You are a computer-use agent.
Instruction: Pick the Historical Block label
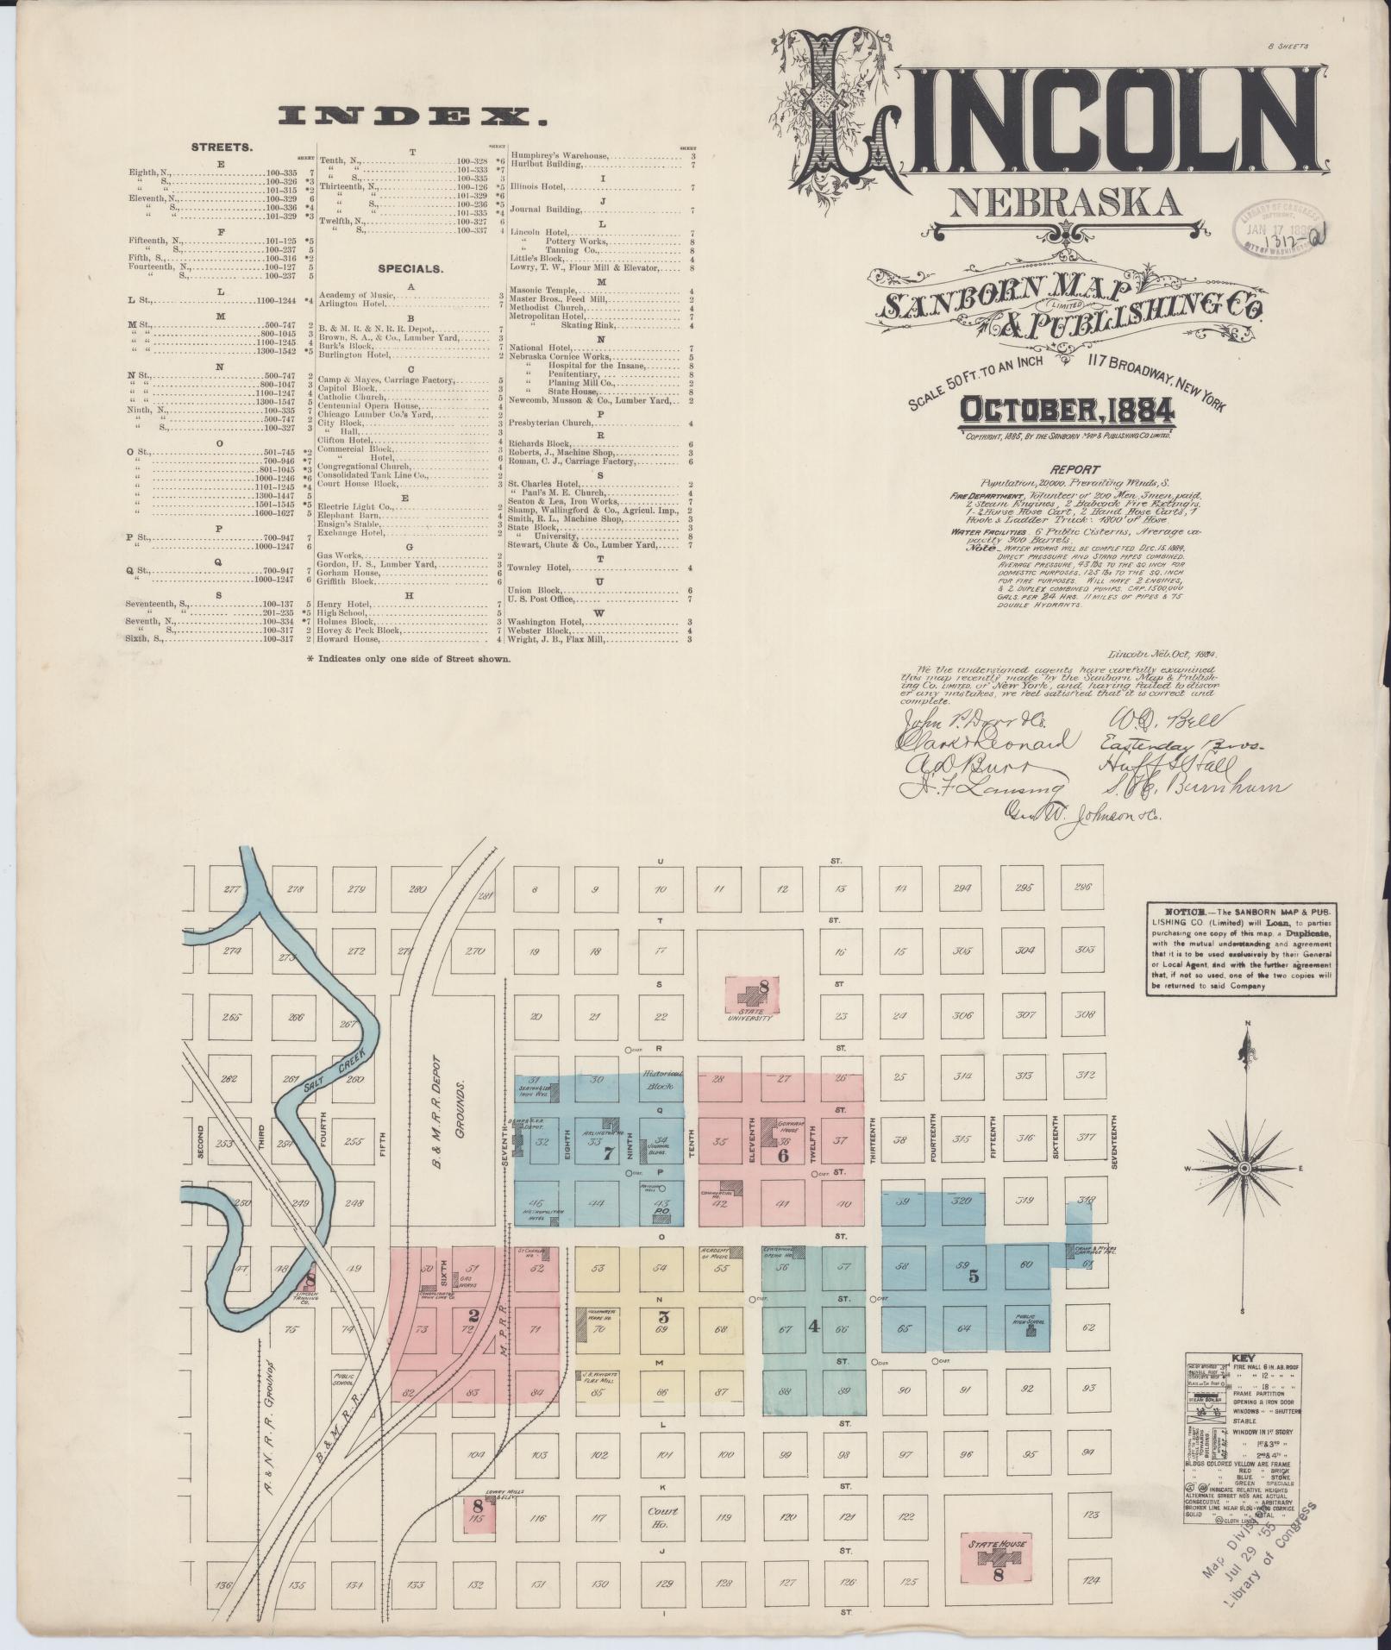[661, 1079]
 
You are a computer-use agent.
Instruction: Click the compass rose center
[1244, 1168]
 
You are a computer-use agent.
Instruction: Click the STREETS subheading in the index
[222, 147]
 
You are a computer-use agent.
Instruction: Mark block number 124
[1091, 1580]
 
